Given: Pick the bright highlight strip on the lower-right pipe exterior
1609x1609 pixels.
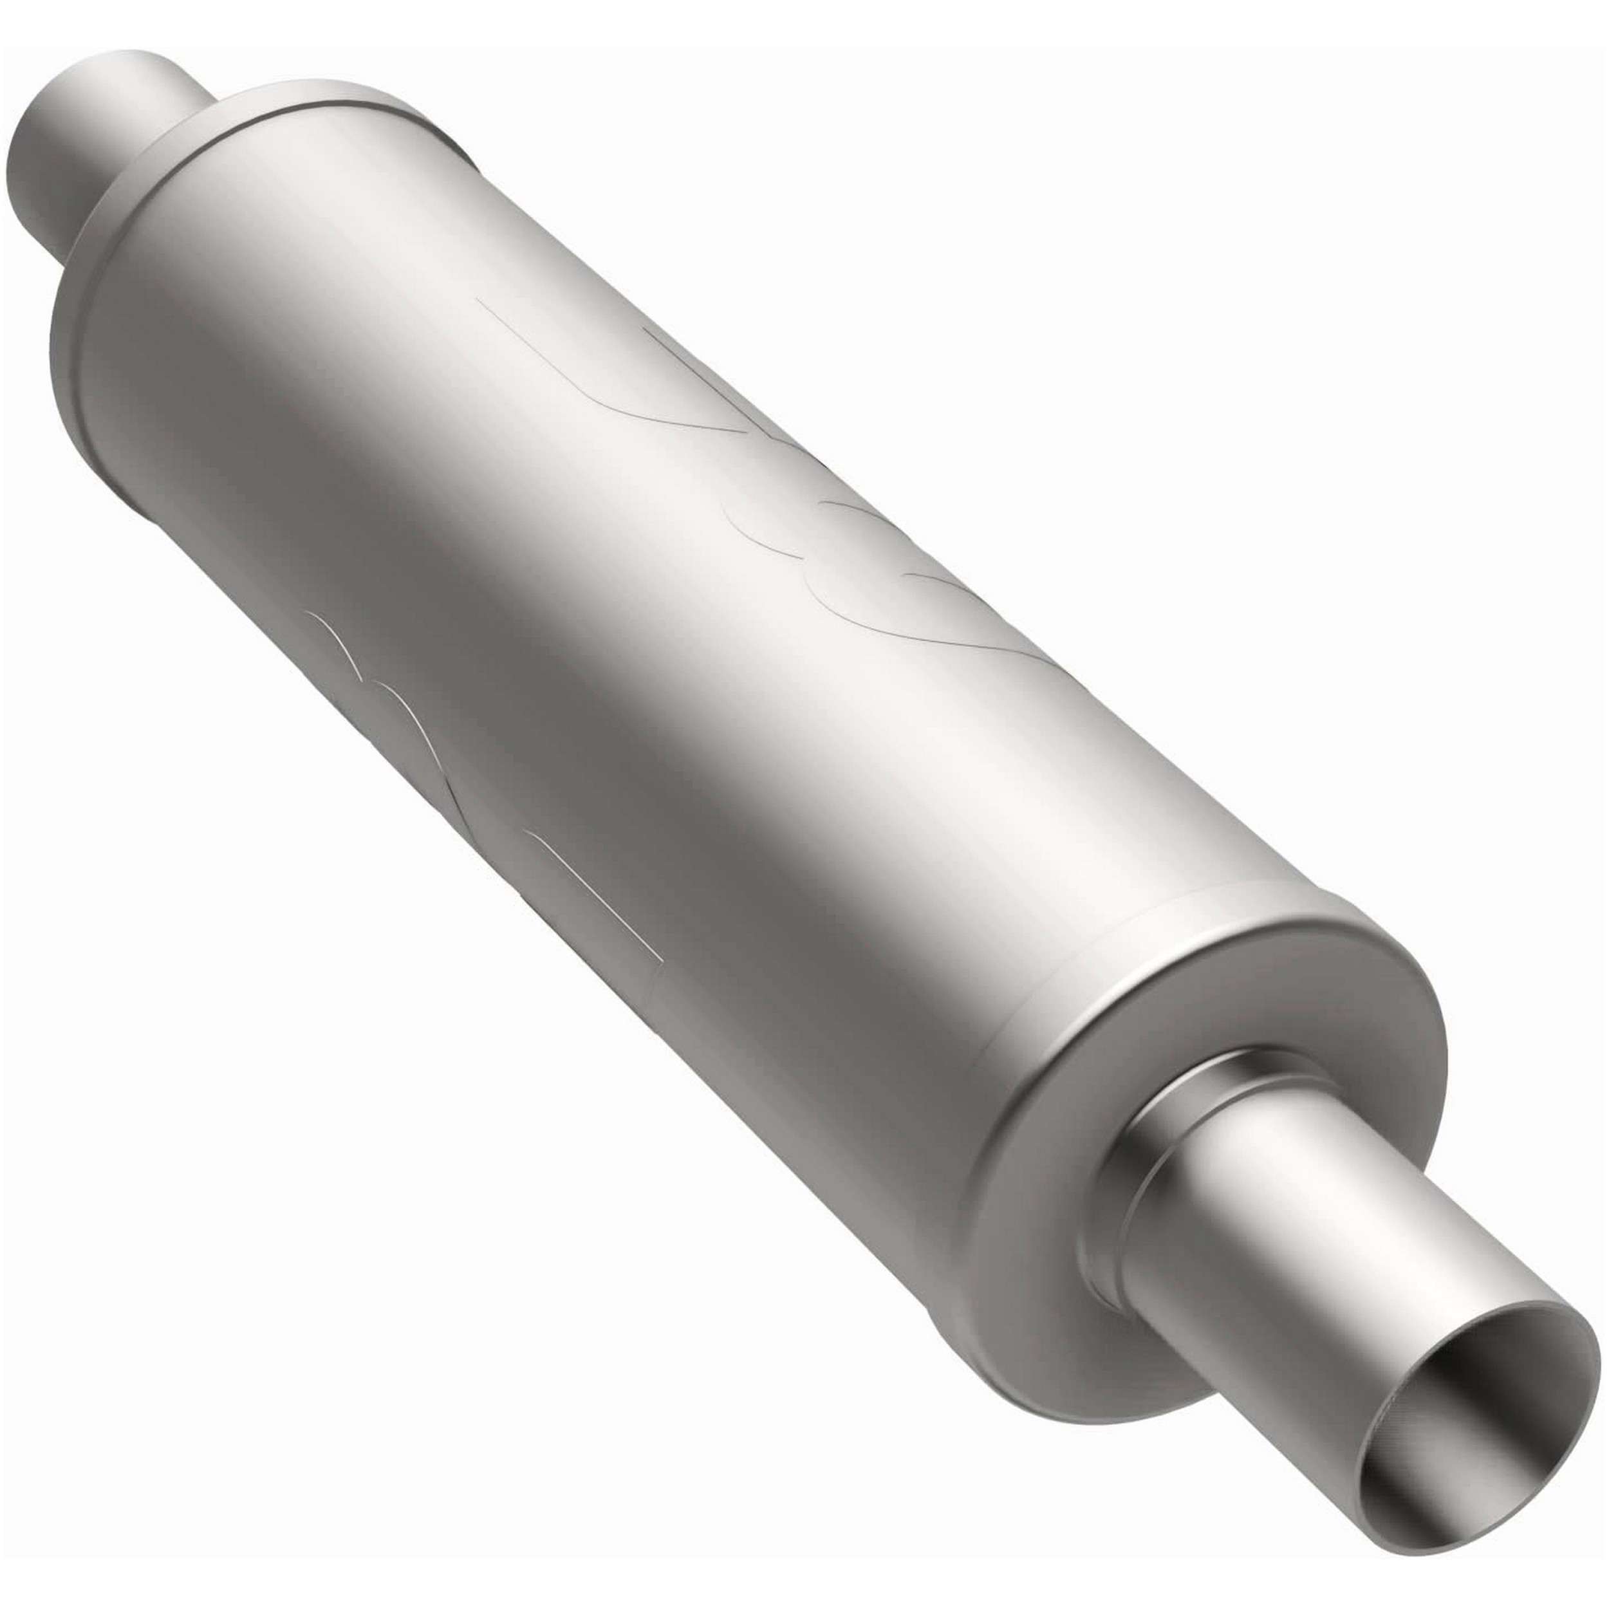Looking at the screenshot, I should pos(1366,1249).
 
